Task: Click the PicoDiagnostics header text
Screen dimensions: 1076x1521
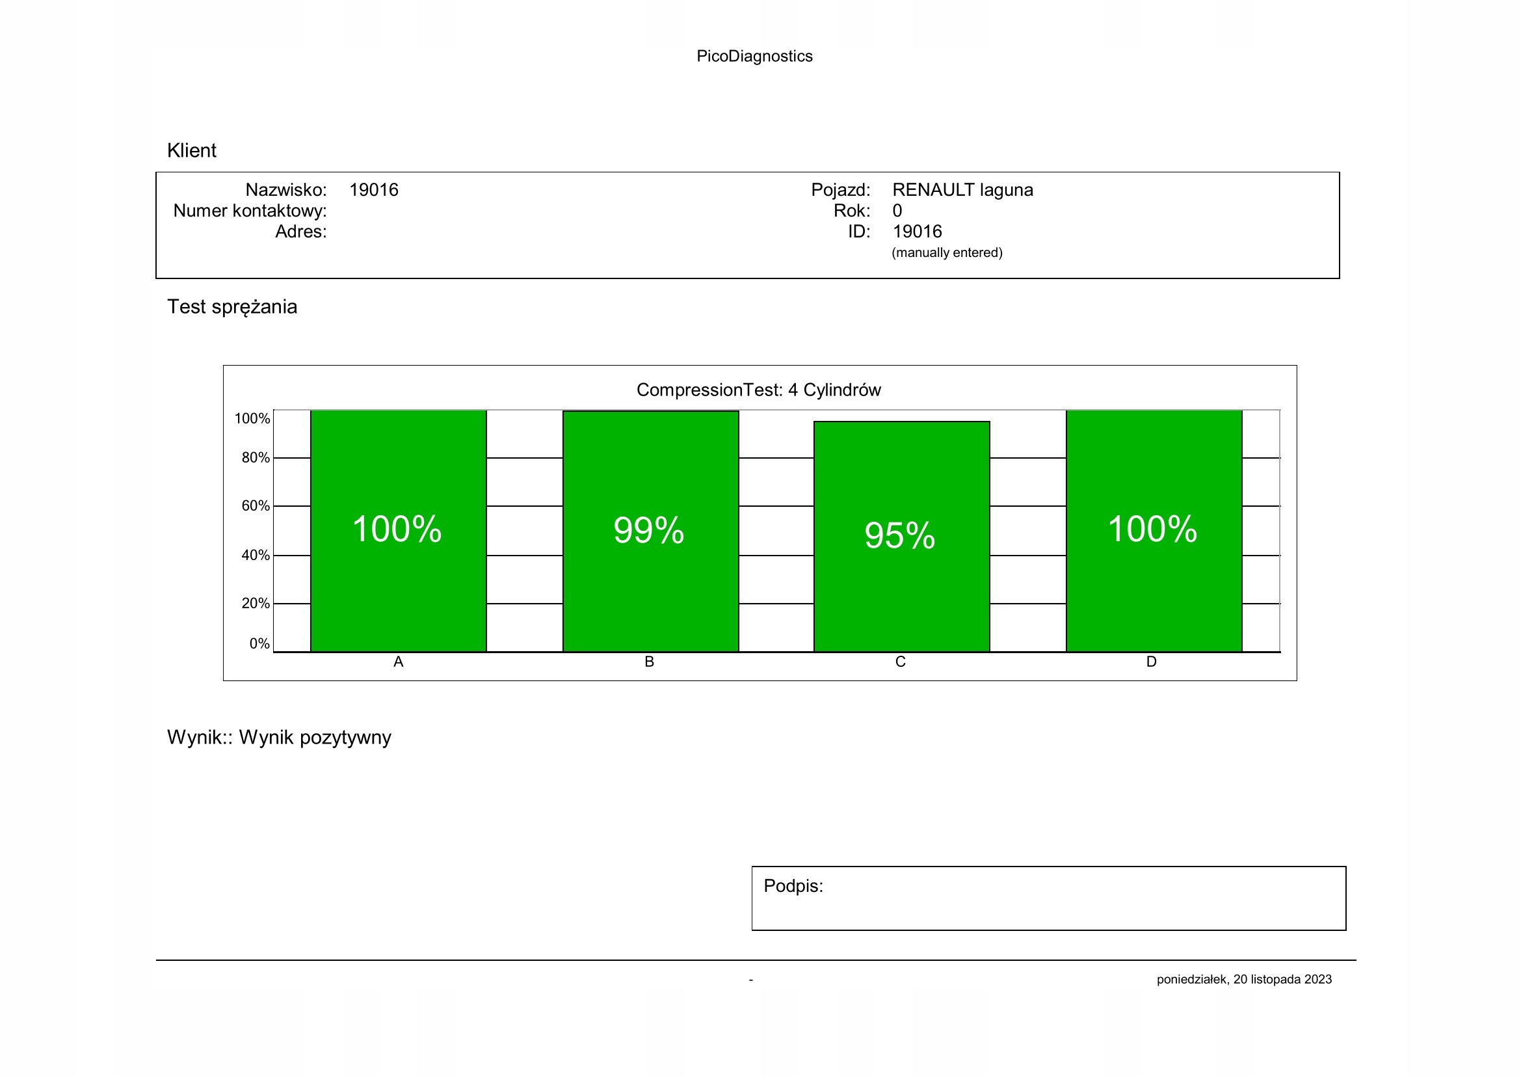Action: tap(754, 57)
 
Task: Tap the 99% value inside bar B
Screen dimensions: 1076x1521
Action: tap(648, 530)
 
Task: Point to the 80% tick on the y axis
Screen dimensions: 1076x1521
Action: tap(255, 458)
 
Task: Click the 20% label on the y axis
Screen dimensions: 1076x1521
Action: tap(255, 604)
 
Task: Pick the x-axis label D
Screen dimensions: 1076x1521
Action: tap(1152, 662)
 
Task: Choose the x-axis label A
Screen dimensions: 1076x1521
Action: tap(398, 662)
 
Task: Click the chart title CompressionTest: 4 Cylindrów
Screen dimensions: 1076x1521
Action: tap(758, 390)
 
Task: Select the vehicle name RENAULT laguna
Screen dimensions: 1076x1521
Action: tap(962, 190)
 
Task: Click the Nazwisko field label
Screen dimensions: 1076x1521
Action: tap(285, 190)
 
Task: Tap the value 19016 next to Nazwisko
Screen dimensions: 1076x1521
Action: tap(374, 190)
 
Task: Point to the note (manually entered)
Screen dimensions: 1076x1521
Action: tap(947, 252)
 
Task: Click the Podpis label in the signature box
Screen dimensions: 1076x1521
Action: tap(793, 886)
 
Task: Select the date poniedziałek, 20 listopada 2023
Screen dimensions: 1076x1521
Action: tap(1244, 979)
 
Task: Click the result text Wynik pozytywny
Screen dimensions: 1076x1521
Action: tap(315, 738)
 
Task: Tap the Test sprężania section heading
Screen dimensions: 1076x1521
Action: tap(232, 307)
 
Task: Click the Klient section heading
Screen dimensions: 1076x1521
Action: tap(191, 150)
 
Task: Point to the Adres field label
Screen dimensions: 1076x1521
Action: tap(301, 232)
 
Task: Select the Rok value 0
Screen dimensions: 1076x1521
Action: tap(897, 211)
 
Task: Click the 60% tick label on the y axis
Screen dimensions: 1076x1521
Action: tap(255, 506)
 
